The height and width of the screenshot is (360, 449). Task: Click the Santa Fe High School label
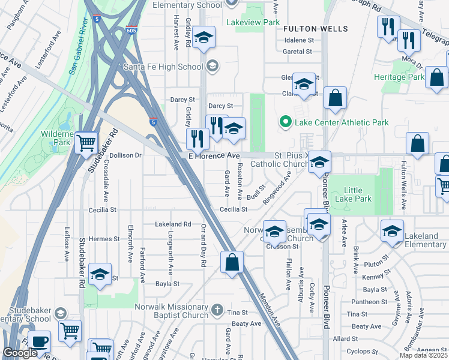163,66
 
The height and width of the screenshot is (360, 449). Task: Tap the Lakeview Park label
253,22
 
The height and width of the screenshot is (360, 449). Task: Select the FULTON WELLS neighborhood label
315,29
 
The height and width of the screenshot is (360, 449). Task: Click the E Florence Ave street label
214,155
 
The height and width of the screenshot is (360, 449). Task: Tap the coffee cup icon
40,341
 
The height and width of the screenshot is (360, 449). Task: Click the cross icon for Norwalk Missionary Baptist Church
217,310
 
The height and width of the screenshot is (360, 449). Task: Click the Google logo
20,353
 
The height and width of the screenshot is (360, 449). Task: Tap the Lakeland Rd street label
172,224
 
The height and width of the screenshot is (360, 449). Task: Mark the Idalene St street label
299,40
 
